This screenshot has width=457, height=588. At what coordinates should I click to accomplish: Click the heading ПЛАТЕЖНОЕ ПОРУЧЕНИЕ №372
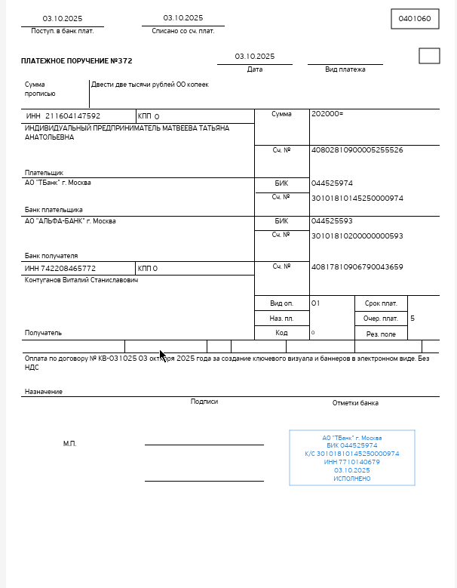[76, 60]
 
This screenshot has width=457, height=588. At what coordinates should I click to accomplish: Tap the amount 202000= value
[327, 114]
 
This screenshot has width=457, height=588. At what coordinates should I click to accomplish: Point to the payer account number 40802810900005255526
[357, 150]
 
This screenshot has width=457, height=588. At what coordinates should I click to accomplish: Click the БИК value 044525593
[332, 221]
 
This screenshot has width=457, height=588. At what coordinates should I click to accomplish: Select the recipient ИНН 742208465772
[60, 268]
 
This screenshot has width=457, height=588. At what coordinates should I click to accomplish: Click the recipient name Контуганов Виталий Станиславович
[81, 280]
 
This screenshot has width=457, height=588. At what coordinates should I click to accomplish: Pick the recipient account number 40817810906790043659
[357, 266]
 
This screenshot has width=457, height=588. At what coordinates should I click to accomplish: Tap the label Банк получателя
[51, 256]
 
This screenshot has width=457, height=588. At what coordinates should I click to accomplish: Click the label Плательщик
[44, 173]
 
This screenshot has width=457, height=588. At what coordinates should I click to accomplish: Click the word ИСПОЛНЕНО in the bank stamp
[352, 479]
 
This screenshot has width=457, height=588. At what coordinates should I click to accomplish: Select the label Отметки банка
[355, 403]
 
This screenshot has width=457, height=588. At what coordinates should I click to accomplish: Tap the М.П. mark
[69, 444]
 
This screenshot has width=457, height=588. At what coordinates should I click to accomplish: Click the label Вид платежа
[345, 69]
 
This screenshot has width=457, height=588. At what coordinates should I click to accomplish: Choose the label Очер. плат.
[380, 319]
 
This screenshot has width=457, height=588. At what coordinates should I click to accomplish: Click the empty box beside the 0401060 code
[429, 56]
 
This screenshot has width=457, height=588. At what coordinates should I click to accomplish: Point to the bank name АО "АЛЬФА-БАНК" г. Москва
[70, 221]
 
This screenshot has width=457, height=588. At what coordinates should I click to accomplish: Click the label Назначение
[44, 392]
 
